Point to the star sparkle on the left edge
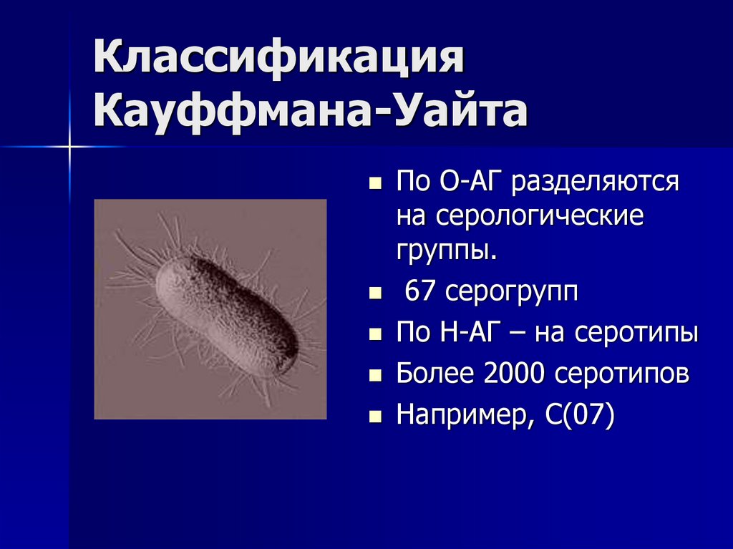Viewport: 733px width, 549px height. point(71,147)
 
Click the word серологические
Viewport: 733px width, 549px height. point(520,216)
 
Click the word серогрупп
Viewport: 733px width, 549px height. point(511,293)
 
